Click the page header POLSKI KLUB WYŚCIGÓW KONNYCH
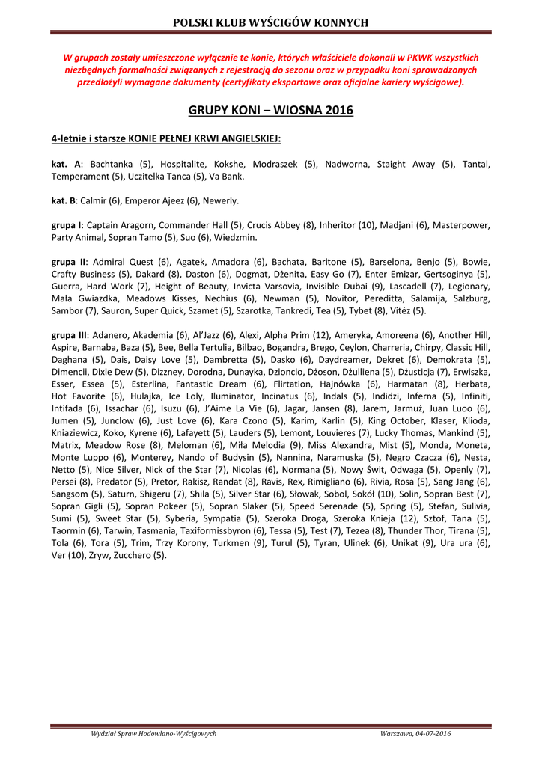pos(270,22)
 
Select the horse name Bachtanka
pos(112,165)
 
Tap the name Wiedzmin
pos(236,237)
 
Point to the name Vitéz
pos(400,310)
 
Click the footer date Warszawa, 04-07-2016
pos(415,733)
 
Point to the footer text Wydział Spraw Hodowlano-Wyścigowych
pos(153,733)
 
